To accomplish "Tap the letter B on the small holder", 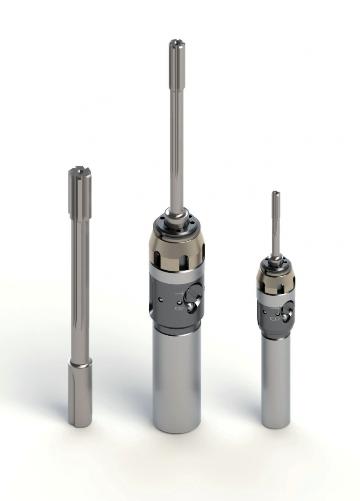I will tap(274, 318).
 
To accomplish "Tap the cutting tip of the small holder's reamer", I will tap(275, 193).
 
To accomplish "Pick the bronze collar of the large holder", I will tap(177, 247).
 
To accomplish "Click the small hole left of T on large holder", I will tap(161, 298).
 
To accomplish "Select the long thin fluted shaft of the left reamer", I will tap(80, 282).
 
